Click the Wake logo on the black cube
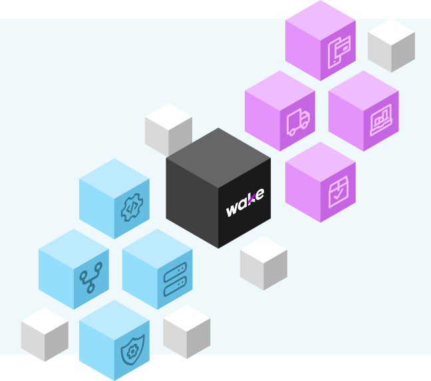(245, 202)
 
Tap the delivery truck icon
(298, 122)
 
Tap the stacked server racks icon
(174, 279)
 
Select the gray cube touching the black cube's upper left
(168, 130)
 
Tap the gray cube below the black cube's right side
(263, 263)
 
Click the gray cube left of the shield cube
(45, 334)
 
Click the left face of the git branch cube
(55, 274)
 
